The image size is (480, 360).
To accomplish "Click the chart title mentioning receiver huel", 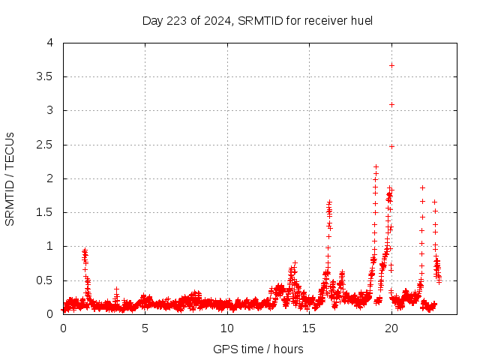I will pos(257,20).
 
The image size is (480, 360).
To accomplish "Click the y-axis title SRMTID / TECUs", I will pos(10,178).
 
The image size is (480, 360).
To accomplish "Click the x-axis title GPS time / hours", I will pos(257,349).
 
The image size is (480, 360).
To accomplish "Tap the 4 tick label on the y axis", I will pos(51,43).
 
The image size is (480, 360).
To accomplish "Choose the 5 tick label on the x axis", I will pos(145,328).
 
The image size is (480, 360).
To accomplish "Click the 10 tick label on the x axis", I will pos(227,328).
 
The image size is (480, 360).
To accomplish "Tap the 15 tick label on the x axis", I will pos(309,328).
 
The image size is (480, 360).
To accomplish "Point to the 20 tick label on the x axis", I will pos(391,328).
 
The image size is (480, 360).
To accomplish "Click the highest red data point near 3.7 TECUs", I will pos(391,65).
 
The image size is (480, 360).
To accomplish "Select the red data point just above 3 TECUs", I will pos(391,104).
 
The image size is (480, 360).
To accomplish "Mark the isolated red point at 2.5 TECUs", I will pos(391,146).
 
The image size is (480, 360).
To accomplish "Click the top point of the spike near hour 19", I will pos(376,166).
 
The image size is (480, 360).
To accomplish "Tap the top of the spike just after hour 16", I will pos(329,202).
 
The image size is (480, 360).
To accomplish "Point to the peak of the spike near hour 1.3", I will pos(85,250).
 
